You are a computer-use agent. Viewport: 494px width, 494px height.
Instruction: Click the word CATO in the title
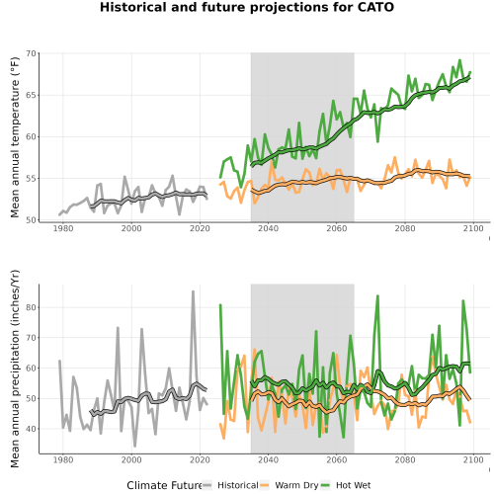click(x=375, y=7)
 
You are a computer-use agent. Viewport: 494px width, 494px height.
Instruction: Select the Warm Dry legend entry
click(x=288, y=485)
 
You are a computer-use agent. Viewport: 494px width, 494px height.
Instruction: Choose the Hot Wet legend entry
click(x=345, y=485)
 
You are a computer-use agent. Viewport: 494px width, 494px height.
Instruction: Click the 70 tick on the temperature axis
click(x=31, y=53)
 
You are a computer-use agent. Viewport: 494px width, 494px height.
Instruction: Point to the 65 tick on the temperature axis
click(x=31, y=95)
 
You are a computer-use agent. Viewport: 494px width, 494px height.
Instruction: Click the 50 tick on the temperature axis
click(x=31, y=220)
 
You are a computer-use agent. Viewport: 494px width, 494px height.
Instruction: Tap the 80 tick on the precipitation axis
click(x=31, y=307)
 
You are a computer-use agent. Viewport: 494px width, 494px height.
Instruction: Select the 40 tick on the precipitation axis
click(x=31, y=429)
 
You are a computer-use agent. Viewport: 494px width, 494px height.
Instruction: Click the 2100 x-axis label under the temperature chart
click(x=473, y=228)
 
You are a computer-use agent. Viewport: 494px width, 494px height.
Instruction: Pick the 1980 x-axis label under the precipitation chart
click(x=63, y=459)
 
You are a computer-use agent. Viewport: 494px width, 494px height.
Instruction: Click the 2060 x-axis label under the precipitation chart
click(x=337, y=459)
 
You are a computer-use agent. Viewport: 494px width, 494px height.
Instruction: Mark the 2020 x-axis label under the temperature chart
click(x=200, y=228)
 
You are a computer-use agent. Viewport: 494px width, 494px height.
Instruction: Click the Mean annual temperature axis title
click(x=15, y=137)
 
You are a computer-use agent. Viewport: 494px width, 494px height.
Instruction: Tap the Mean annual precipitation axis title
click(x=15, y=369)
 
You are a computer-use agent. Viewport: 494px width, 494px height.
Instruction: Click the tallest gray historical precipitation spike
click(x=193, y=291)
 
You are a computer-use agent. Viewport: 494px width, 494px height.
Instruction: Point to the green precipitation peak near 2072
click(x=377, y=295)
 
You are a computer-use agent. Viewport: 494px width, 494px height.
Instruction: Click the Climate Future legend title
click(x=165, y=485)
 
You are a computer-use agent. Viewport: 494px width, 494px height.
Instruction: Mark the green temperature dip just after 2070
click(x=377, y=141)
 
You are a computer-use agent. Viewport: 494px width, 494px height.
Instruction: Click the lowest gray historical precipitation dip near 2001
click(x=135, y=446)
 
